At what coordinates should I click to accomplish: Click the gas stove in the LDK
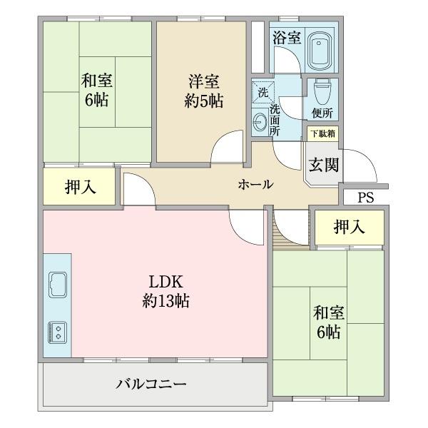[x=56, y=332]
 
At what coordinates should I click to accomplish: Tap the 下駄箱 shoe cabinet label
[x=322, y=133]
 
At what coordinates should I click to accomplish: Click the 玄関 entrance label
[x=322, y=163]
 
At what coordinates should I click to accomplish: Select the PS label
[x=365, y=198]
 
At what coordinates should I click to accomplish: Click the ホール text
[x=255, y=184]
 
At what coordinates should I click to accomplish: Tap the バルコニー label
[x=151, y=384]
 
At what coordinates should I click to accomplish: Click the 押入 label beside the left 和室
[x=80, y=188]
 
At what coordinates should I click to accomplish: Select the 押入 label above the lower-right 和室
[x=350, y=227]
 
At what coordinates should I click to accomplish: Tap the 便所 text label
[x=322, y=113]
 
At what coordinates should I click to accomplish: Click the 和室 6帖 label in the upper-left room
[x=95, y=91]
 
